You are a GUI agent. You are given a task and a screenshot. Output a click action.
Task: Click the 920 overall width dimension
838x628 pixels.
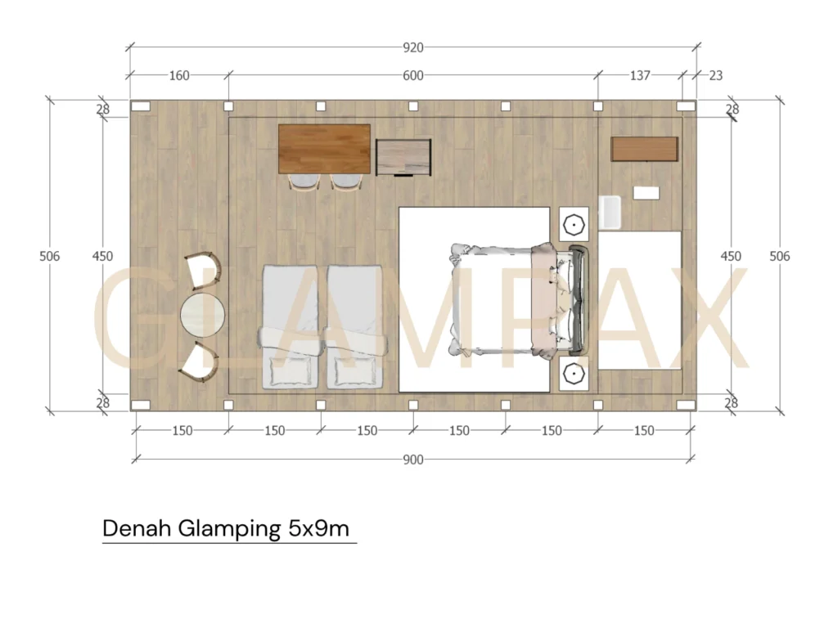click(x=413, y=47)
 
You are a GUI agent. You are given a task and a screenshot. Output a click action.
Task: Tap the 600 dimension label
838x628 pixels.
click(x=413, y=75)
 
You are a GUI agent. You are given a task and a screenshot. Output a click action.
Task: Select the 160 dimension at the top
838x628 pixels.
click(x=179, y=75)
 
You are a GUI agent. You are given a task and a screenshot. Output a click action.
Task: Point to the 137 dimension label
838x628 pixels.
click(x=640, y=75)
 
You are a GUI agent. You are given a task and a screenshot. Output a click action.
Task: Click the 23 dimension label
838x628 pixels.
click(x=715, y=75)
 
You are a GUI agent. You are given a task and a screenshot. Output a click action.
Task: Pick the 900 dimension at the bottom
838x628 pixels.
click(x=413, y=460)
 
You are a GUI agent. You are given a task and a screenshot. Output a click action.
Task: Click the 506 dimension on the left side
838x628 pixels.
click(x=50, y=256)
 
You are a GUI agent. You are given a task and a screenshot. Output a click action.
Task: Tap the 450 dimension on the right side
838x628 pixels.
click(x=730, y=256)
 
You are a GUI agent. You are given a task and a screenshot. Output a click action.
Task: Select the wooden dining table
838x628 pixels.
click(x=324, y=148)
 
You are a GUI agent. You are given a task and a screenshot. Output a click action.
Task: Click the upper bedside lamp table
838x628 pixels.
click(x=574, y=222)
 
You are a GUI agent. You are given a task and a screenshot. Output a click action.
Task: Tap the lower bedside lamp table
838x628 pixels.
click(x=574, y=374)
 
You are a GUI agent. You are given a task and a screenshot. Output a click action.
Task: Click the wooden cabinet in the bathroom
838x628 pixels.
click(x=645, y=149)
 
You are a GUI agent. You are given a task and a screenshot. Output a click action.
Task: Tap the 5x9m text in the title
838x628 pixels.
click(x=319, y=528)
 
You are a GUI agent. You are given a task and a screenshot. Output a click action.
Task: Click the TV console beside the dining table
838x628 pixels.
click(x=403, y=156)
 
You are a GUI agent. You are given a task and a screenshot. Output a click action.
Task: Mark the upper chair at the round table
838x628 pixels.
click(x=204, y=271)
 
